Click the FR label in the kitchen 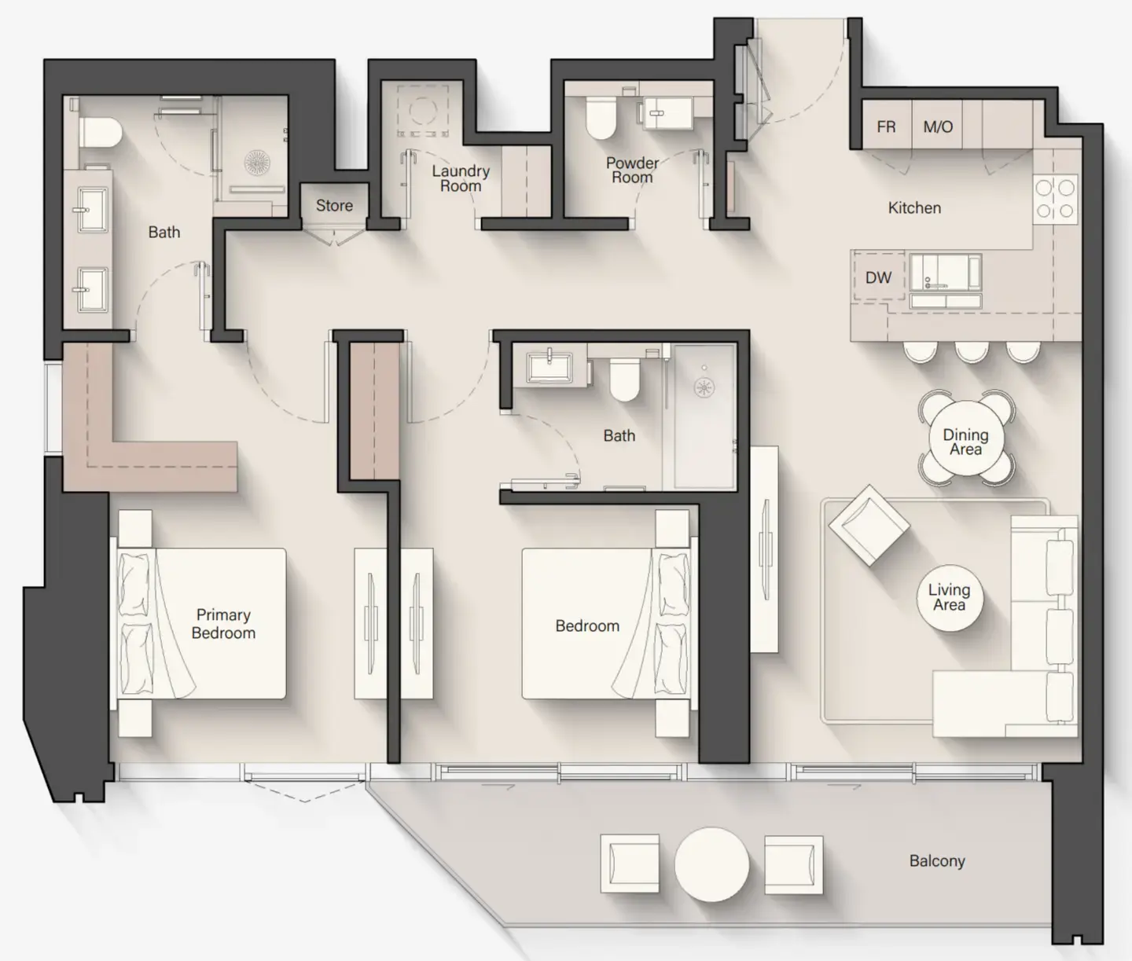(886, 127)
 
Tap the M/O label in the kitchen (937, 127)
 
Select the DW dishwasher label (878, 277)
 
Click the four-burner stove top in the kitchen (1055, 199)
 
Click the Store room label (334, 206)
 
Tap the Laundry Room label (461, 178)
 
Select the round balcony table (711, 864)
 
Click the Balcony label (937, 861)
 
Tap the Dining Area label (965, 442)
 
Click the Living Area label (949, 597)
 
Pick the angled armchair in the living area (869, 524)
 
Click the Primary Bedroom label (223, 624)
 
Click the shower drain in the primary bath (257, 163)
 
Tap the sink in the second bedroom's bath (549, 367)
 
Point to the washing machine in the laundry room (423, 111)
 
